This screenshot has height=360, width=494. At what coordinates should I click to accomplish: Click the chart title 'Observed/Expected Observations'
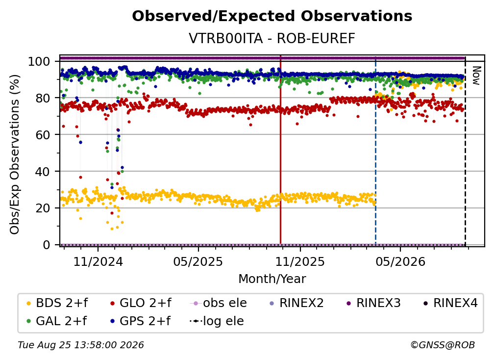[x=272, y=16]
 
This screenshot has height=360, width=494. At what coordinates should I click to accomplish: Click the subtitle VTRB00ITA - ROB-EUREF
[x=272, y=38]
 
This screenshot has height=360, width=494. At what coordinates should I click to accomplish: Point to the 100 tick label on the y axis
[x=39, y=61]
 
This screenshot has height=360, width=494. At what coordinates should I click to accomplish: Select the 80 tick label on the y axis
[x=43, y=98]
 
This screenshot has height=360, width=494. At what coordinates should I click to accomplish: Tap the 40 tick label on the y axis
[x=43, y=172]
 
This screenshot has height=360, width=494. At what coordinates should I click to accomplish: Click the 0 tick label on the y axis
[x=47, y=245]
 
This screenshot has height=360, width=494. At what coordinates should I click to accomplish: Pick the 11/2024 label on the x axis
[x=98, y=261]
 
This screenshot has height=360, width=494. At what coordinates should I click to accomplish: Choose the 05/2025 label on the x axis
[x=198, y=261]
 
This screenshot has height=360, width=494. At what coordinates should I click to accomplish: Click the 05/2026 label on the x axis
[x=400, y=261]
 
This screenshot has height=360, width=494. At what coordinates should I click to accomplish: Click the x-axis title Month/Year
[x=272, y=279]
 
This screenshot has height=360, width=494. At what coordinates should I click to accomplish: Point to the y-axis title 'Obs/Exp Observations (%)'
[x=15, y=154]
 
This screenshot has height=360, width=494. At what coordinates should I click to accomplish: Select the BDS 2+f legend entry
[x=57, y=303]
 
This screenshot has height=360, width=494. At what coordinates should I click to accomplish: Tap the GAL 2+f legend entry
[x=57, y=321]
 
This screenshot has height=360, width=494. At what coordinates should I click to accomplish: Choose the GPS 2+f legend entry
[x=140, y=321]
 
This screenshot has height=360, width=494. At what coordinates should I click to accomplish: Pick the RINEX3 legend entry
[x=373, y=303]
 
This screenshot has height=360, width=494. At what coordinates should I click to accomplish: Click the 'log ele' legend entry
[x=217, y=321]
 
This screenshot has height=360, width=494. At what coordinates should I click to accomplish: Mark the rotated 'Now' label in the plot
[x=476, y=76]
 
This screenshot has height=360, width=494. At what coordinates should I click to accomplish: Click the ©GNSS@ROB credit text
[x=443, y=345]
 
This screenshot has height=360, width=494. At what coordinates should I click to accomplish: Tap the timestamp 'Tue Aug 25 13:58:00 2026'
[x=81, y=345]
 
